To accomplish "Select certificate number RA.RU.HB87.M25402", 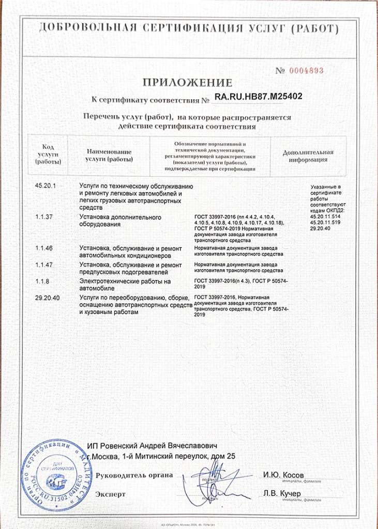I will tap(258, 96).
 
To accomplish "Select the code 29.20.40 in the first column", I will tap(48, 298).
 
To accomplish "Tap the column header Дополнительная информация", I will tap(308, 155).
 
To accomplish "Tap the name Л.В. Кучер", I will tap(282, 494).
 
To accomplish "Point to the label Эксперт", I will tap(110, 494).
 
